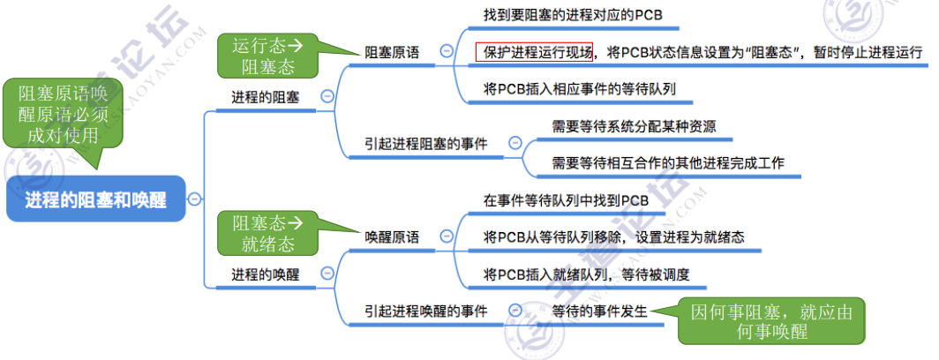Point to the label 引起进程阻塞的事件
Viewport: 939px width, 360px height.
click(425, 143)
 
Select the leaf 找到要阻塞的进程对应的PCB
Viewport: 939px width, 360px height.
click(573, 15)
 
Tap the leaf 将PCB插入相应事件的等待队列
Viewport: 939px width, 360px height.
click(580, 89)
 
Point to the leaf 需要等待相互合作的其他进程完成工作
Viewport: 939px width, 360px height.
click(668, 163)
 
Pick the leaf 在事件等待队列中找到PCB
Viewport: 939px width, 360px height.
click(566, 200)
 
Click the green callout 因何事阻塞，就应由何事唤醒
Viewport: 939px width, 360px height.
click(771, 321)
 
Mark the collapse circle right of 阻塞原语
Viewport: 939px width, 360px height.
click(447, 52)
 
